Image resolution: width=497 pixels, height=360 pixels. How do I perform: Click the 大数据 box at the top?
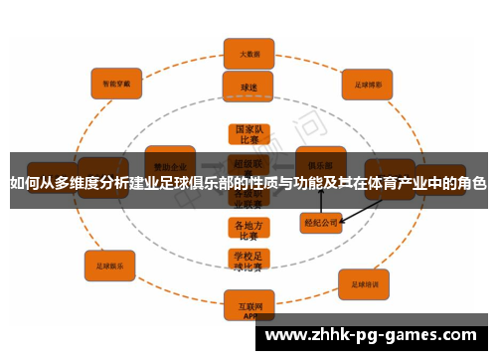(x=248, y=53)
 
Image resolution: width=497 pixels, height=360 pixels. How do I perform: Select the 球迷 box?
(x=248, y=86)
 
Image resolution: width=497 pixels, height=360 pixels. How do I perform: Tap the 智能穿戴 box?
(x=116, y=86)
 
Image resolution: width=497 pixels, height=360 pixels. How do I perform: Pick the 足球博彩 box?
(x=369, y=86)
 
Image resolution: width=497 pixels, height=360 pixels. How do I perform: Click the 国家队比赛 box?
(x=248, y=135)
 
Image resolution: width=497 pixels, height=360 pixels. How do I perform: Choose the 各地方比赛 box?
(x=248, y=230)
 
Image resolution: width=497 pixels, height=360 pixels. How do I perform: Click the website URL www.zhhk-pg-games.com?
(x=377, y=335)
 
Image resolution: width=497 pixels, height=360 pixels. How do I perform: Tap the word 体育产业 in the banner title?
(x=391, y=183)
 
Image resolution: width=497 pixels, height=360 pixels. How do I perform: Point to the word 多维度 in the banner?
(x=66, y=183)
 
